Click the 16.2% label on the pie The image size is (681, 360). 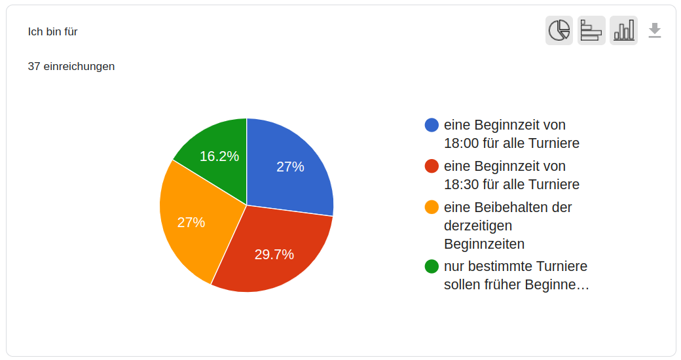[x=219, y=156]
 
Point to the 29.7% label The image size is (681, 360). [x=274, y=255]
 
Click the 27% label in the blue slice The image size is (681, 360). [x=290, y=167]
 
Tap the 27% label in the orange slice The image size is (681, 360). [x=191, y=223]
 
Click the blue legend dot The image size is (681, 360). [x=432, y=125]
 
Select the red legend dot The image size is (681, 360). [x=432, y=166]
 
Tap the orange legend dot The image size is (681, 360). [x=432, y=207]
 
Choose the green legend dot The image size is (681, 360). [x=432, y=266]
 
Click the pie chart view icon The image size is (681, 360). [x=559, y=31]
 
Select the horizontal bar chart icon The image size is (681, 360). [x=591, y=31]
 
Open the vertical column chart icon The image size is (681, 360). [x=623, y=31]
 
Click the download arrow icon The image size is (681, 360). [x=655, y=31]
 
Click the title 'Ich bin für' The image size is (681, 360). [x=53, y=31]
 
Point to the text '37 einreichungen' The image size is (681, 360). [x=71, y=66]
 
